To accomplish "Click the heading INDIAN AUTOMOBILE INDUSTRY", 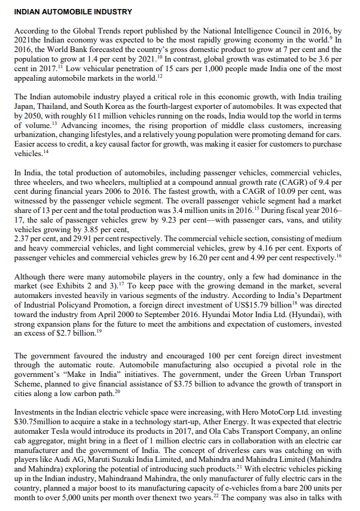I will click(x=73, y=11).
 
